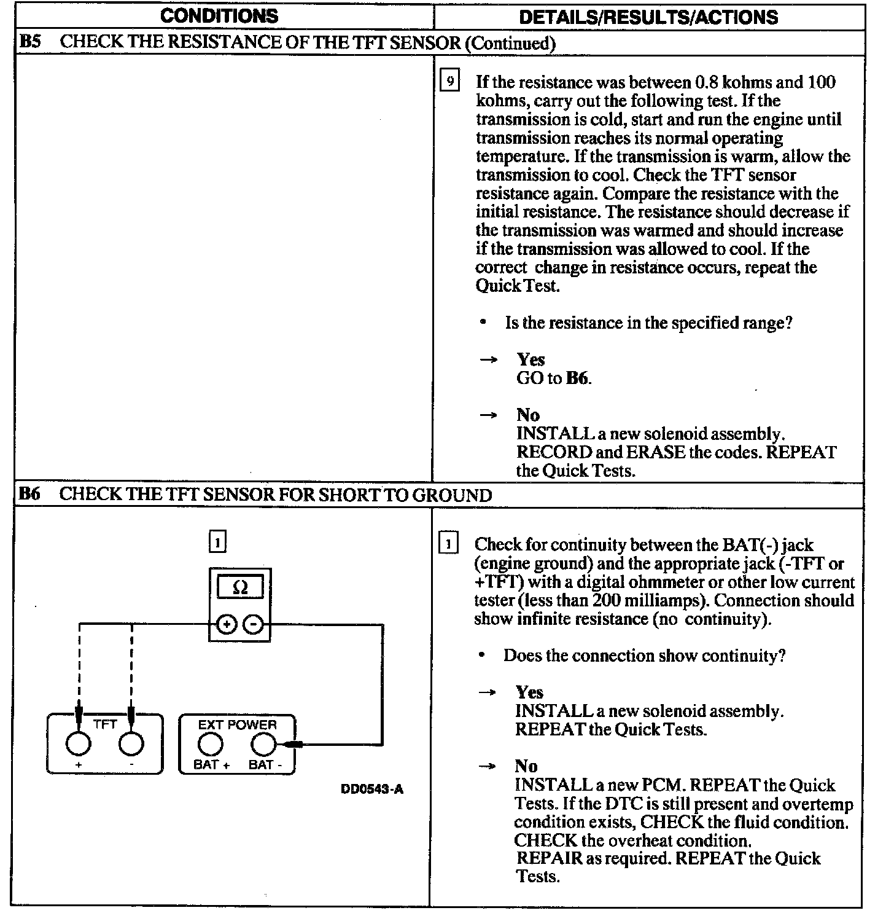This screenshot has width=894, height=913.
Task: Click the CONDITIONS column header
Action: pos(219,17)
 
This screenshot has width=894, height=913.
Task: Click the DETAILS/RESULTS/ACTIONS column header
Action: pos(648,17)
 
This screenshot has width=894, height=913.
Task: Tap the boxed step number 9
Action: pos(450,82)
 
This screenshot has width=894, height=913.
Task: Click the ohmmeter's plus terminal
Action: pos(227,625)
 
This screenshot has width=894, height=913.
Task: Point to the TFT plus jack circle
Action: pos(78,744)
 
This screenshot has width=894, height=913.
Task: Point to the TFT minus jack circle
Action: pos(131,744)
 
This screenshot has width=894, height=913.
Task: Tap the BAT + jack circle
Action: pos(209,745)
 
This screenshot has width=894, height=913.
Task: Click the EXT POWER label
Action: pos(237,725)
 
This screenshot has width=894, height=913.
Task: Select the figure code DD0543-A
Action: pos(371,790)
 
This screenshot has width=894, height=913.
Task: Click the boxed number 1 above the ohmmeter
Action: pos(217,543)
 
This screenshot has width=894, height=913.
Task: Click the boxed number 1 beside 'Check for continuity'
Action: pos(449,544)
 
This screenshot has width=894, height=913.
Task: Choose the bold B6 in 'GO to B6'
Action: pos(577,378)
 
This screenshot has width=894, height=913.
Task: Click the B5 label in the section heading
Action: pos(29,42)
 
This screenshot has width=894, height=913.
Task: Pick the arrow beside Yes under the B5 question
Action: pos(488,360)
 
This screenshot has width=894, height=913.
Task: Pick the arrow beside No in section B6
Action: pos(488,766)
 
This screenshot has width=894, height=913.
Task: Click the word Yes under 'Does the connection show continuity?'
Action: pos(529,692)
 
